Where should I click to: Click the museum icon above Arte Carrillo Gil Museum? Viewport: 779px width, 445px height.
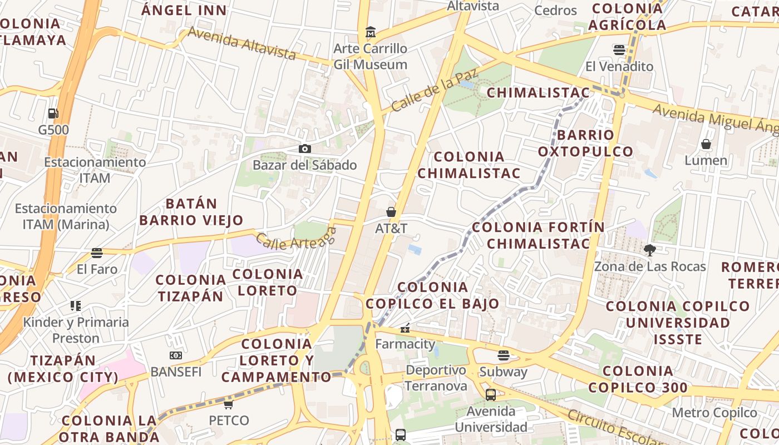tap(371, 32)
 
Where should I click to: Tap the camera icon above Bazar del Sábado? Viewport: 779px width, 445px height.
tap(304, 149)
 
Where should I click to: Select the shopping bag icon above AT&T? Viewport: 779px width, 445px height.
tap(391, 212)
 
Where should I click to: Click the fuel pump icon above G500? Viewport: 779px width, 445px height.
tap(53, 113)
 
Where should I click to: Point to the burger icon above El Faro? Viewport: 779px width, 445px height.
tap(97, 253)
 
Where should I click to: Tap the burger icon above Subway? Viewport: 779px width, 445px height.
tap(504, 355)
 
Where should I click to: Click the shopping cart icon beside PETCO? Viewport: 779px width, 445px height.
tap(229, 404)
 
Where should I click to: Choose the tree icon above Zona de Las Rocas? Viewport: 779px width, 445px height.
tap(649, 250)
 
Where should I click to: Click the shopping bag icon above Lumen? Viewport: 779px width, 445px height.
tap(706, 145)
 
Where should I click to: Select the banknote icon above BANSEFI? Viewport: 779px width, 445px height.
tap(176, 355)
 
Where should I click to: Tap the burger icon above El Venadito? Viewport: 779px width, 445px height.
tap(619, 50)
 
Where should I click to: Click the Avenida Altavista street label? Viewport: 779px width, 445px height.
tap(241, 43)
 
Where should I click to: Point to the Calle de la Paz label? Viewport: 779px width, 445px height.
tap(427, 91)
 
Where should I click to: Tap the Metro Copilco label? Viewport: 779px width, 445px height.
tap(714, 413)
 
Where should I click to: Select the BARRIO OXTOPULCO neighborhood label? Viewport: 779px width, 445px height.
tap(585, 143)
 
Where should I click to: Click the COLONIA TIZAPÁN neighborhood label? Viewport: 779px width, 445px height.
tap(191, 288)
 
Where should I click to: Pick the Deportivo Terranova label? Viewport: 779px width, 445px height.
tap(436, 378)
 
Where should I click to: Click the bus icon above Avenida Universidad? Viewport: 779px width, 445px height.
tap(491, 395)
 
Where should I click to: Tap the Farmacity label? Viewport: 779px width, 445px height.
tap(405, 344)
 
